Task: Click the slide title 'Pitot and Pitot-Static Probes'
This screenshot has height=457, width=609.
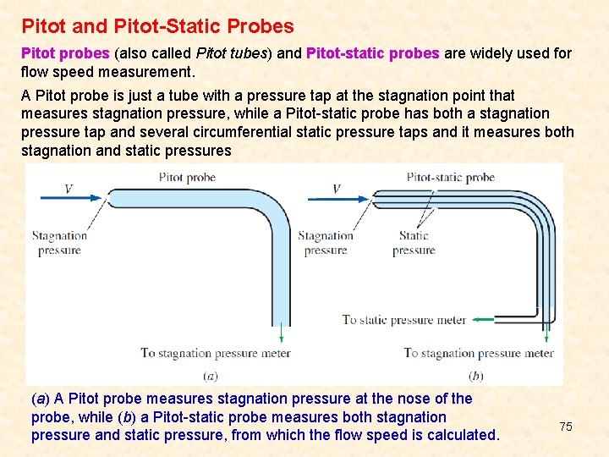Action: pyautogui.click(x=157, y=27)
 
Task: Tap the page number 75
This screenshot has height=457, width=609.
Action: pyautogui.click(x=566, y=427)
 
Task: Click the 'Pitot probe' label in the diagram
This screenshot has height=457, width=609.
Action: pyautogui.click(x=187, y=178)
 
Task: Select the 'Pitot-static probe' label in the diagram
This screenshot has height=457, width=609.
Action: pyautogui.click(x=451, y=178)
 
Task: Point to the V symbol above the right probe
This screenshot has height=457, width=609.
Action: pyautogui.click(x=336, y=189)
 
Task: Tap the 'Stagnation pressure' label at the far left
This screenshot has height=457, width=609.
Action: pyautogui.click(x=59, y=243)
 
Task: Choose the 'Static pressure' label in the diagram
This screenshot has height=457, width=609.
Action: pyautogui.click(x=414, y=243)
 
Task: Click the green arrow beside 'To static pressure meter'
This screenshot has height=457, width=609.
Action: pyautogui.click(x=484, y=319)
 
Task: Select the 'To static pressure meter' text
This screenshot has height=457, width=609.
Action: pyautogui.click(x=404, y=320)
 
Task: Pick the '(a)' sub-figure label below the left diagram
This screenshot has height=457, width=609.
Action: pyautogui.click(x=211, y=375)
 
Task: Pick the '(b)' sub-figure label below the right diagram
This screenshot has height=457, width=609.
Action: pyautogui.click(x=476, y=375)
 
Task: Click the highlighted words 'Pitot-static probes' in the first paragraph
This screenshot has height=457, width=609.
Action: pyautogui.click(x=372, y=53)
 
